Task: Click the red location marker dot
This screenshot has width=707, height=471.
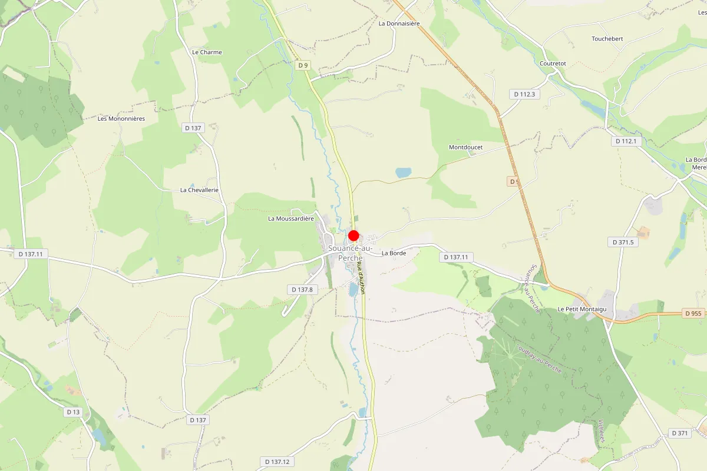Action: pos(353,235)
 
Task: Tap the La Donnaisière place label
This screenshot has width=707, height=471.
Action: pos(399,24)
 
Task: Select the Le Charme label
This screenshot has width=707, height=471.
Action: pos(207,52)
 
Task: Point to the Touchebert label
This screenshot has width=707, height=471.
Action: pos(607,39)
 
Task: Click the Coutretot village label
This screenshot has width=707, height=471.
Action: pos(553,64)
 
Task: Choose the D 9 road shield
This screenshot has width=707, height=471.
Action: pos(303,65)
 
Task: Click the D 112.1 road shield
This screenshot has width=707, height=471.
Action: pos(626,141)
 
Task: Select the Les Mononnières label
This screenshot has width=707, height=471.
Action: pos(121,118)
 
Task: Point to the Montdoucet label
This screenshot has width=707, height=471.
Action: pos(465,147)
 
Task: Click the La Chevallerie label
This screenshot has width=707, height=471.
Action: pos(199,190)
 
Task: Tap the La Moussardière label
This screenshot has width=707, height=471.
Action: pos(291,218)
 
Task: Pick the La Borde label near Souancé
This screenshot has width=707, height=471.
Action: pos(394,253)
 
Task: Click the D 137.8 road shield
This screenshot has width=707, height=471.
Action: pos(302,290)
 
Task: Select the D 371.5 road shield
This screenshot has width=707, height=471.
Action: pos(623,242)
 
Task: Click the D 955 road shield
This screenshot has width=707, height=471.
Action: pos(693,314)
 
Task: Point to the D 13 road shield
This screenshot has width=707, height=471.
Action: pos(73,412)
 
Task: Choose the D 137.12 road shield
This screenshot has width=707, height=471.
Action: pos(276,462)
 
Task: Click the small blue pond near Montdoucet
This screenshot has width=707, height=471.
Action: pos(404,173)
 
